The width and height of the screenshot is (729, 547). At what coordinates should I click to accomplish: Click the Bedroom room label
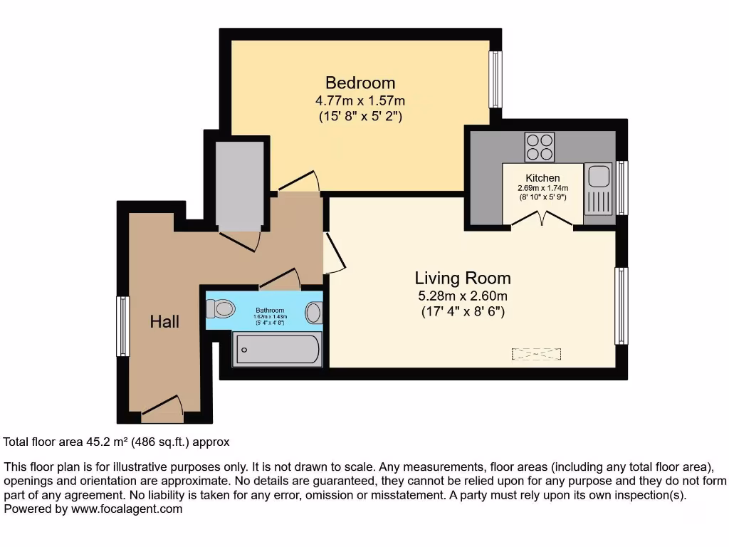[360, 83]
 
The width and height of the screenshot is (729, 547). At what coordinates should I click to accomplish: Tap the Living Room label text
[463, 278]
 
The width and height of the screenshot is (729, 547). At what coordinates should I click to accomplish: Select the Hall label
[164, 322]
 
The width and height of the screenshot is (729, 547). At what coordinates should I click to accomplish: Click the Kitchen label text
[542, 178]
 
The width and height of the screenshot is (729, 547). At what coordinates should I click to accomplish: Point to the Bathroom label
[270, 311]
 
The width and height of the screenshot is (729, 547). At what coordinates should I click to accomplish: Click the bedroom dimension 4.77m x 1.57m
[360, 100]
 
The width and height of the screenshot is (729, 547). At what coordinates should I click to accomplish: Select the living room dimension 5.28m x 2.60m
[463, 296]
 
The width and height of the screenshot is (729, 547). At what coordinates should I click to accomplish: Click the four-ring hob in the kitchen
[539, 147]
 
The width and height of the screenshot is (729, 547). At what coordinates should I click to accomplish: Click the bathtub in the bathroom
[278, 349]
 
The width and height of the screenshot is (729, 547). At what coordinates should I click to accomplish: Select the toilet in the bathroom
[221, 309]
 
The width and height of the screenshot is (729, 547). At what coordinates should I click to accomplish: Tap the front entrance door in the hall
[163, 407]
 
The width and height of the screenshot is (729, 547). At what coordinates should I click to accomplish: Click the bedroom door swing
[299, 182]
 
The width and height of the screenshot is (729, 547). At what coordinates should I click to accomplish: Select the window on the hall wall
[123, 325]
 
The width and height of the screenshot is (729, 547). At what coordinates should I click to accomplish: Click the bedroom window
[494, 78]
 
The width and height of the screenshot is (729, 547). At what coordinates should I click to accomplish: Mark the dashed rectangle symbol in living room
[537, 353]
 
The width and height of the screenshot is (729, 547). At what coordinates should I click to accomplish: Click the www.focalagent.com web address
[126, 509]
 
